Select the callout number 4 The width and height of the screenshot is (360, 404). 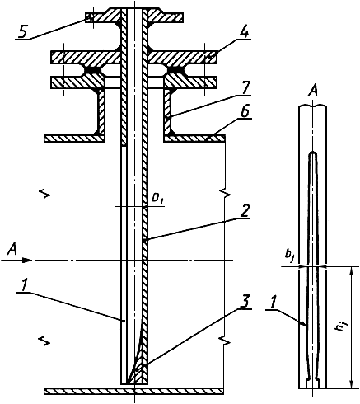[x=244, y=32]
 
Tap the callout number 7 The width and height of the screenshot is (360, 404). [x=245, y=88]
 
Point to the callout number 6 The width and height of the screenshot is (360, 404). [x=245, y=111]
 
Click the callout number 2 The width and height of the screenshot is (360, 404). [x=245, y=211]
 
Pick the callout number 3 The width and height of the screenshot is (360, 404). [x=245, y=302]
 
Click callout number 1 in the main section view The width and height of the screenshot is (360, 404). [x=24, y=286]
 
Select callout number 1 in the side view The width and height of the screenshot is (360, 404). [x=272, y=303]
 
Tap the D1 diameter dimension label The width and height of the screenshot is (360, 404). [x=157, y=200]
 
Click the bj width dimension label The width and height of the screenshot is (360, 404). [x=288, y=256]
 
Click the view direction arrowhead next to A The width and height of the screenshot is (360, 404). [x=27, y=260]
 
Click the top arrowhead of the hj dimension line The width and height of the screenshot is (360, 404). [x=350, y=270]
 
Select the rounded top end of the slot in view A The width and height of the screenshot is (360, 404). [x=313, y=153]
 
